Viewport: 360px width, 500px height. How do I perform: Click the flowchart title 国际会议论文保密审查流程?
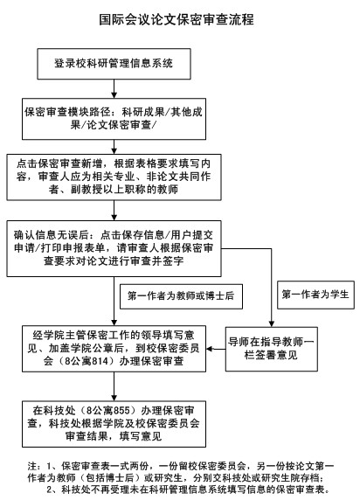click(177, 20)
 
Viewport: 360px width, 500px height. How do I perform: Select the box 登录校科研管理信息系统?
click(114, 64)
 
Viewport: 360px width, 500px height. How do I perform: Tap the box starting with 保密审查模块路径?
click(114, 119)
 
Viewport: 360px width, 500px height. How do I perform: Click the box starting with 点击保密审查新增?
click(114, 177)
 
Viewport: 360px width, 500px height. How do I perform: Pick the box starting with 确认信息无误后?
click(114, 248)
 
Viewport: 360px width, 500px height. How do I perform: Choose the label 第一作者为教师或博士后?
click(181, 296)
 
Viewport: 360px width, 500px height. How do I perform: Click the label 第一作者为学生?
click(315, 295)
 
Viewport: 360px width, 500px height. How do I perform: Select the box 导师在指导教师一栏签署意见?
click(272, 349)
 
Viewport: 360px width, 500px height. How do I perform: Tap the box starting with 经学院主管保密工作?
click(114, 349)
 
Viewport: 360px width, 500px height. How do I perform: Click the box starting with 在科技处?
click(114, 424)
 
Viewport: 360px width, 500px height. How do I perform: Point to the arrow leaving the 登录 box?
click(114, 89)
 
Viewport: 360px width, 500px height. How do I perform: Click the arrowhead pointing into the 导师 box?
click(272, 324)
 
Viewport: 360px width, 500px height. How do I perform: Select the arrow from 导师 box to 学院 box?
click(216, 349)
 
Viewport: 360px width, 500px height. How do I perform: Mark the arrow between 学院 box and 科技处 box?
click(114, 386)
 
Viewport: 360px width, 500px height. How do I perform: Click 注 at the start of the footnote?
click(32, 467)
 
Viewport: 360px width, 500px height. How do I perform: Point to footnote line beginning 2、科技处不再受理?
click(188, 490)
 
